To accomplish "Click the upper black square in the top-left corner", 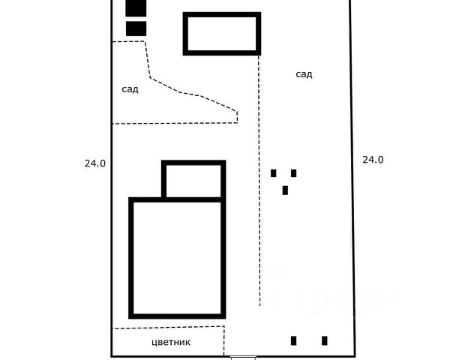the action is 136,7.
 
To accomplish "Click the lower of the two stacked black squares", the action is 136,28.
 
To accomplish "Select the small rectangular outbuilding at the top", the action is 222,33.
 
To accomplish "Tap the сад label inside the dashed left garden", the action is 130,89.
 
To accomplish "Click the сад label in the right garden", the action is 304,74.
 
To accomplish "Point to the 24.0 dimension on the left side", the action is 94,162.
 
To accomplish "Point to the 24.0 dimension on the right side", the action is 373,159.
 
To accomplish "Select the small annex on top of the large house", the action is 193,180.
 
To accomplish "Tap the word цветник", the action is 171,342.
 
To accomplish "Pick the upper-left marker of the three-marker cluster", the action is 274,173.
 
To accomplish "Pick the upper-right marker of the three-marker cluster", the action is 293,173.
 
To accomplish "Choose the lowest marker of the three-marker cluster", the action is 285,190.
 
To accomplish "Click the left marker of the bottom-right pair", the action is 294,340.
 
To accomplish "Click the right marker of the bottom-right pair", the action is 325,340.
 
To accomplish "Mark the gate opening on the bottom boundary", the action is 242,356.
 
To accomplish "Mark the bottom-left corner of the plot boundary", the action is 112,355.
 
